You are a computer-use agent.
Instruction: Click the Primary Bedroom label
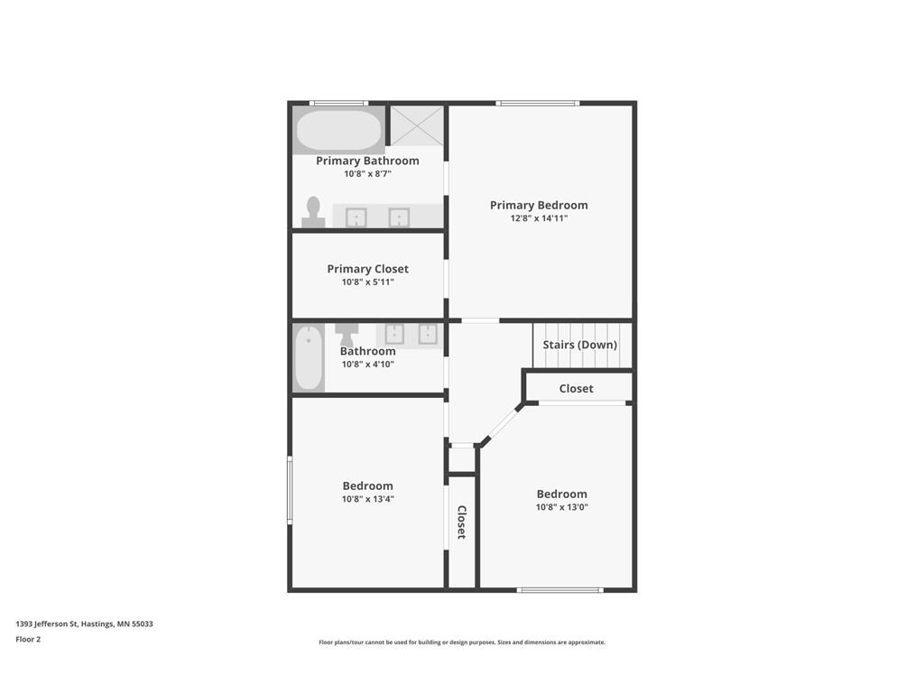point(539,205)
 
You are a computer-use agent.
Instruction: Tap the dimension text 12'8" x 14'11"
point(539,218)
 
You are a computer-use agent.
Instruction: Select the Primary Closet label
point(367,269)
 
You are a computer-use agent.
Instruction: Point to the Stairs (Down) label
point(580,345)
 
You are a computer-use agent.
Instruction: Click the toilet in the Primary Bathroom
point(313,212)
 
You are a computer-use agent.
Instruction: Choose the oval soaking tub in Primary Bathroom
point(339,131)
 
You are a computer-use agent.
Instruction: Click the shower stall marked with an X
point(418,125)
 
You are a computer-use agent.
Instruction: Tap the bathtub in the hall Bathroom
point(309,358)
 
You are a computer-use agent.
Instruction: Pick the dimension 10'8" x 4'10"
point(367,365)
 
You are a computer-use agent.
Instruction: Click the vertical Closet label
point(461,522)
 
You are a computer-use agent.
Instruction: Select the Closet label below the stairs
point(576,389)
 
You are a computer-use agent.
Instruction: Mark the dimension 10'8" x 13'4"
point(367,499)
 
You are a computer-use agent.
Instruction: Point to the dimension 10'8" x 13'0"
point(561,507)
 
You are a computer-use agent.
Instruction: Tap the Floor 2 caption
point(28,639)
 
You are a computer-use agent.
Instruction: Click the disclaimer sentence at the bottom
point(461,642)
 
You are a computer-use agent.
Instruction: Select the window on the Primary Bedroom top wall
point(538,103)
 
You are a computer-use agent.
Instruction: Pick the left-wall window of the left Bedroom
point(290,490)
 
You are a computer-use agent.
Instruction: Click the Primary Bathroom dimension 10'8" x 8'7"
point(367,174)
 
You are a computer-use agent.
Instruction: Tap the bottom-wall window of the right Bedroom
point(559,590)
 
